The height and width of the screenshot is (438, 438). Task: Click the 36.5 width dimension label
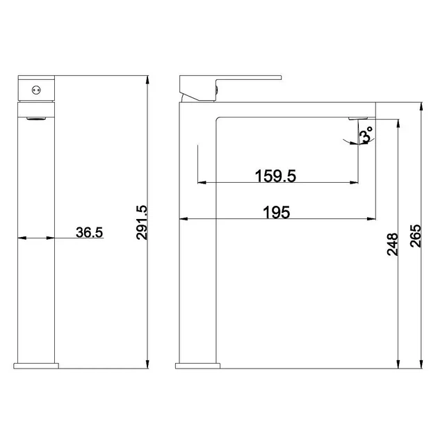coord(90,232)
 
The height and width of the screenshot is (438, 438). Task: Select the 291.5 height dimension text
coord(142,222)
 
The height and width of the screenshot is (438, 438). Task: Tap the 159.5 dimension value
coord(275,176)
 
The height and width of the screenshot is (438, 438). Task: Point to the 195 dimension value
coord(277,213)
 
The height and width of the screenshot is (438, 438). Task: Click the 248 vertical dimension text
coord(393,245)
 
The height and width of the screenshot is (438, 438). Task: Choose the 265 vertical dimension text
coord(415,236)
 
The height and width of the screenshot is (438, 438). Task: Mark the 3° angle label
coord(366,134)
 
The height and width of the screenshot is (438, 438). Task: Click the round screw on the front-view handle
coord(36,90)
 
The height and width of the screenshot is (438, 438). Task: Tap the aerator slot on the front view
coord(36,119)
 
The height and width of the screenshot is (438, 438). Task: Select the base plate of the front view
coord(36,366)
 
